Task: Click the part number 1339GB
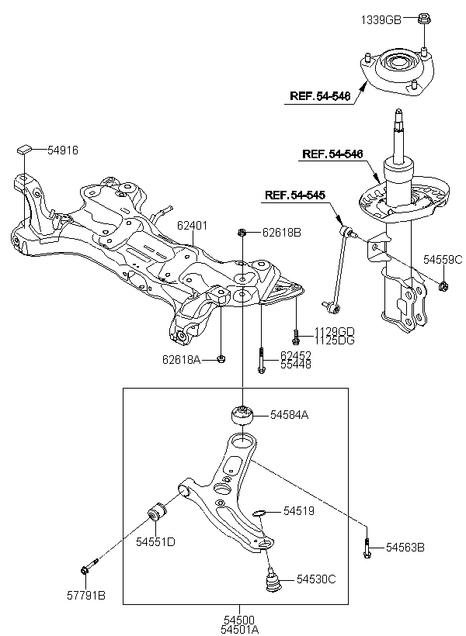tap(381, 19)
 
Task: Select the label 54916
tap(63, 150)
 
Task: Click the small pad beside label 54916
tap(24, 149)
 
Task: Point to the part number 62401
tap(192, 226)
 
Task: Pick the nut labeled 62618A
tap(221, 359)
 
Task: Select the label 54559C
tap(443, 260)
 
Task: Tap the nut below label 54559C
tap(443, 287)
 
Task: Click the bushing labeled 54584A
tap(242, 415)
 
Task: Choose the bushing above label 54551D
tap(157, 513)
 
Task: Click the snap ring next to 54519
tap(259, 513)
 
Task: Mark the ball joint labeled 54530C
tap(272, 580)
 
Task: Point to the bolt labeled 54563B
tap(367, 548)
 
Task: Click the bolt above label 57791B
tap(89, 566)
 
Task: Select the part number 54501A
tap(240, 629)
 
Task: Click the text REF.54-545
tap(295, 195)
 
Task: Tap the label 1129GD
tap(334, 332)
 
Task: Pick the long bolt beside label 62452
tap(261, 360)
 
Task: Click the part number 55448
tap(296, 365)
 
